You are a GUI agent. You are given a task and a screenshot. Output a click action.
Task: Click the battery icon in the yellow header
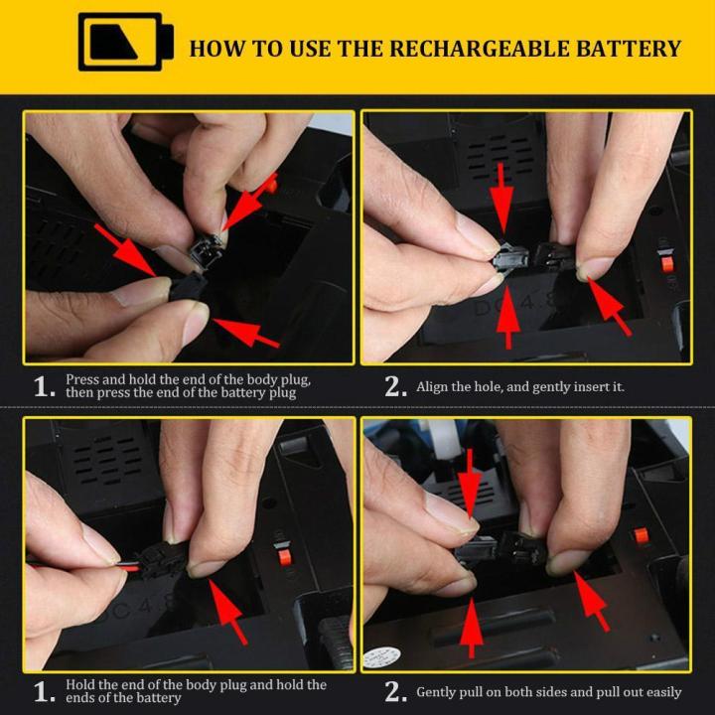(126, 42)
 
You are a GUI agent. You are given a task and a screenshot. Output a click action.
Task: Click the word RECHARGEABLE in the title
(454, 49)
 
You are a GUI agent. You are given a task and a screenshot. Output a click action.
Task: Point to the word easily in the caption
(660, 691)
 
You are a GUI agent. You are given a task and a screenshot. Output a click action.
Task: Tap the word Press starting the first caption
(82, 379)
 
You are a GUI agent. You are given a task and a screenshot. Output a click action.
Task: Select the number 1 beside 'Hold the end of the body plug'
(44, 692)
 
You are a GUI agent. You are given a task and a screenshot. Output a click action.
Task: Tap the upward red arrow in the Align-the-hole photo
(506, 313)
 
